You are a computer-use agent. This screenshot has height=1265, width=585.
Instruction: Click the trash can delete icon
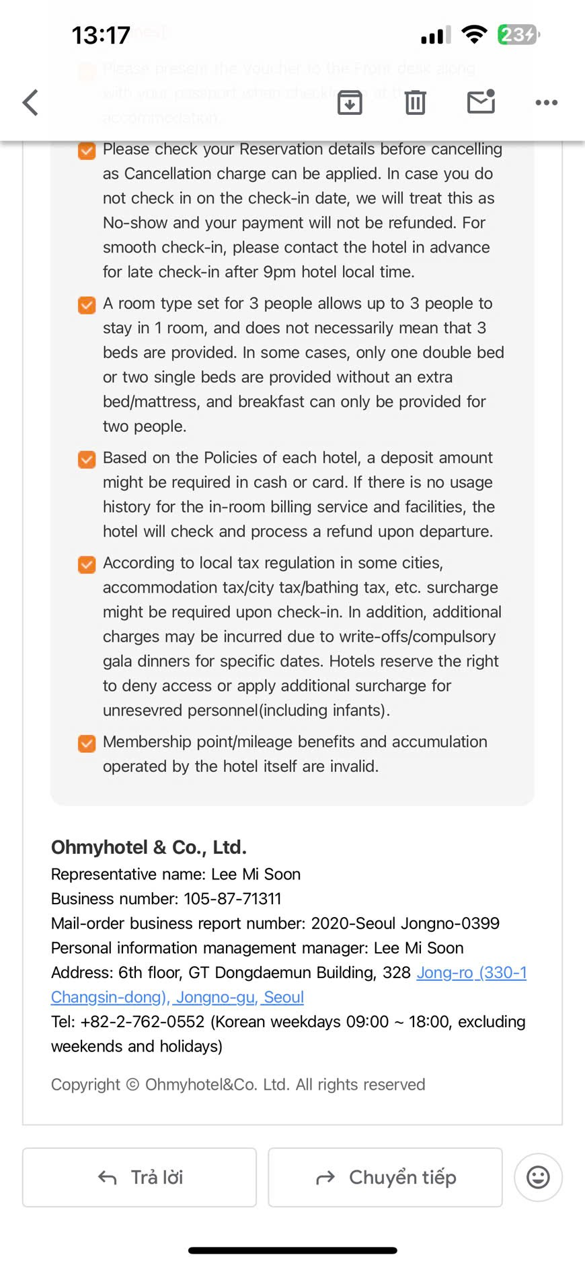[x=416, y=102]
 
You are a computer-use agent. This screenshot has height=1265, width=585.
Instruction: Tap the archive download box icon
[x=350, y=102]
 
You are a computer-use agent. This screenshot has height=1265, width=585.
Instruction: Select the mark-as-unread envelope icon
[x=481, y=101]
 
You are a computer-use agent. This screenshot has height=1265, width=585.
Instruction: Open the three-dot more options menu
[x=546, y=103]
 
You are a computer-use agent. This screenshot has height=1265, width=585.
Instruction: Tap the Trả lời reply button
[x=140, y=1177]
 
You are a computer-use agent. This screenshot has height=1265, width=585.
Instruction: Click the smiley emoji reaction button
[x=538, y=1177]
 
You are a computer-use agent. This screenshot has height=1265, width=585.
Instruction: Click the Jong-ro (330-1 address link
[x=471, y=972]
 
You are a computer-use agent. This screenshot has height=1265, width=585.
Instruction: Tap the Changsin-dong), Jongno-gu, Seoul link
[x=178, y=997]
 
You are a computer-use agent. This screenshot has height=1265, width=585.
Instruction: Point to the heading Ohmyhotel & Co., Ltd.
[x=149, y=847]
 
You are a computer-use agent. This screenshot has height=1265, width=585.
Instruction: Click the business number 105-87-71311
[x=233, y=899]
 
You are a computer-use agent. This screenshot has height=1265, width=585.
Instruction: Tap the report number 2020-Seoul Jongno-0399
[x=405, y=923]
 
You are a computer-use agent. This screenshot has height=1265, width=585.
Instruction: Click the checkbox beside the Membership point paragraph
[x=87, y=743]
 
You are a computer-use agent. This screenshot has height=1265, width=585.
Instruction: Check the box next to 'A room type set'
[x=87, y=305]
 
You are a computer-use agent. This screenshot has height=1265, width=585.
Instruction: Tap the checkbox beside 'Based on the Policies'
[x=87, y=460]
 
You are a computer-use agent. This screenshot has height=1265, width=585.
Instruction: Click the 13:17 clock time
[x=101, y=35]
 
